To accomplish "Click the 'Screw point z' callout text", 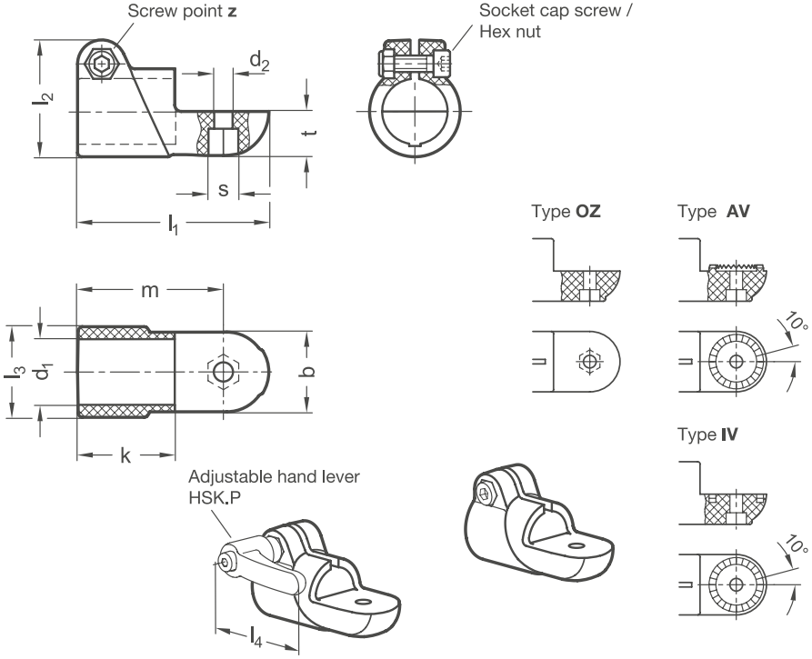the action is coord(182,11).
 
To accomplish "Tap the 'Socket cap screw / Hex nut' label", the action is coord(556,21).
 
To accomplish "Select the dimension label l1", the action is coord(173,225).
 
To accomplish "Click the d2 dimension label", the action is coord(259,62).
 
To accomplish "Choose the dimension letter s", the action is coord(223,190).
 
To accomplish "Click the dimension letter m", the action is coord(150,291).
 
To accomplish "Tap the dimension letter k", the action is coord(125,455).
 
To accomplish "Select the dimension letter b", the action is coord(307,371).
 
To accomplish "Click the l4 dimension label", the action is coord(256,637).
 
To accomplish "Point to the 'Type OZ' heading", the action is coord(566,211).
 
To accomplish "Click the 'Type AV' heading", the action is coord(714,211).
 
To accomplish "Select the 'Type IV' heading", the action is coord(708,434).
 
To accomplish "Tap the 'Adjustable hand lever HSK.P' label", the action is coord(274,486).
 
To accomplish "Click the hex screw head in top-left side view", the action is coord(104,64).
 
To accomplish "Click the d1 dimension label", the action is coord(45,371).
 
